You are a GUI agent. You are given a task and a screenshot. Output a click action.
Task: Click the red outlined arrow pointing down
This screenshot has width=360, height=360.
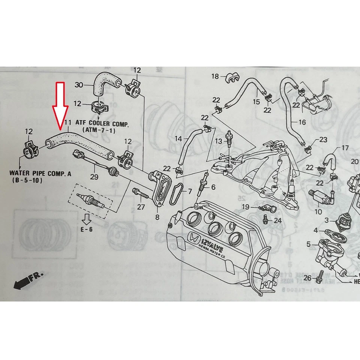click(60, 105)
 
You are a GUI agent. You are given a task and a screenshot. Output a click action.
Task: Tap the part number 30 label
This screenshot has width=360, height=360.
click(79, 85)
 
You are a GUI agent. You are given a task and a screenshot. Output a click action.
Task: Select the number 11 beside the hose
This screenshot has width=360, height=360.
click(68, 122)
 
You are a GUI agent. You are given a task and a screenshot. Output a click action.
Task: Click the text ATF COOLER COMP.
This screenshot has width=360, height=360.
click(102, 123)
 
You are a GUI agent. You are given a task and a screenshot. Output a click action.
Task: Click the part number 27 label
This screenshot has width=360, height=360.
click(141, 207)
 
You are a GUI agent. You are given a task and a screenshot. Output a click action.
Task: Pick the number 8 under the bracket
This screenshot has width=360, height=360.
click(157, 217)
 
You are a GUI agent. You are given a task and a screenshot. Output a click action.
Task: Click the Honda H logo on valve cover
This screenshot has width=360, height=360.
click(194, 238)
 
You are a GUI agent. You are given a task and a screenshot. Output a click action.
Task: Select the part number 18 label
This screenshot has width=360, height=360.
click(215, 76)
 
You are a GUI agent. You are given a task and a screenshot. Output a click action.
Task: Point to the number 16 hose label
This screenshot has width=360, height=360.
click(302, 122)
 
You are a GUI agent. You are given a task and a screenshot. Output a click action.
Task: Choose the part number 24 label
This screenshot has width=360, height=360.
click(277, 220)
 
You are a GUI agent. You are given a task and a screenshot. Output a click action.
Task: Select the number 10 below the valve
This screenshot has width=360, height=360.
click(318, 212)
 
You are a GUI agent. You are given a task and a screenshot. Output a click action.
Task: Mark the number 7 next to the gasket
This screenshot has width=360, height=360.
click(190, 192)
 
